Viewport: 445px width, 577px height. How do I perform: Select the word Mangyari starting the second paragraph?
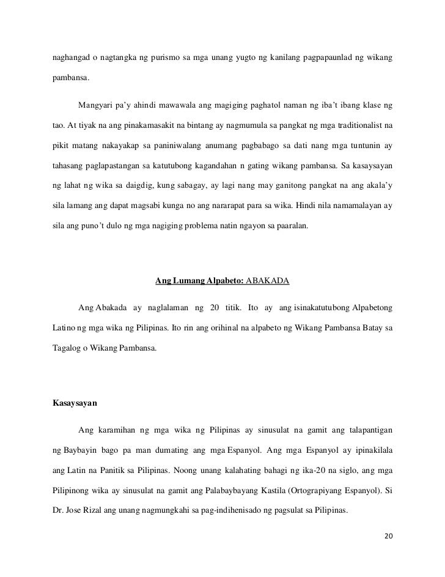tap(97, 106)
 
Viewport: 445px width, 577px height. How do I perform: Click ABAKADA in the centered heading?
tap(267, 282)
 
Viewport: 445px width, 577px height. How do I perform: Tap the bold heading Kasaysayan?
tap(76, 404)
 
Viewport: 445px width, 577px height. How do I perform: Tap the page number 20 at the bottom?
tap(386, 537)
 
